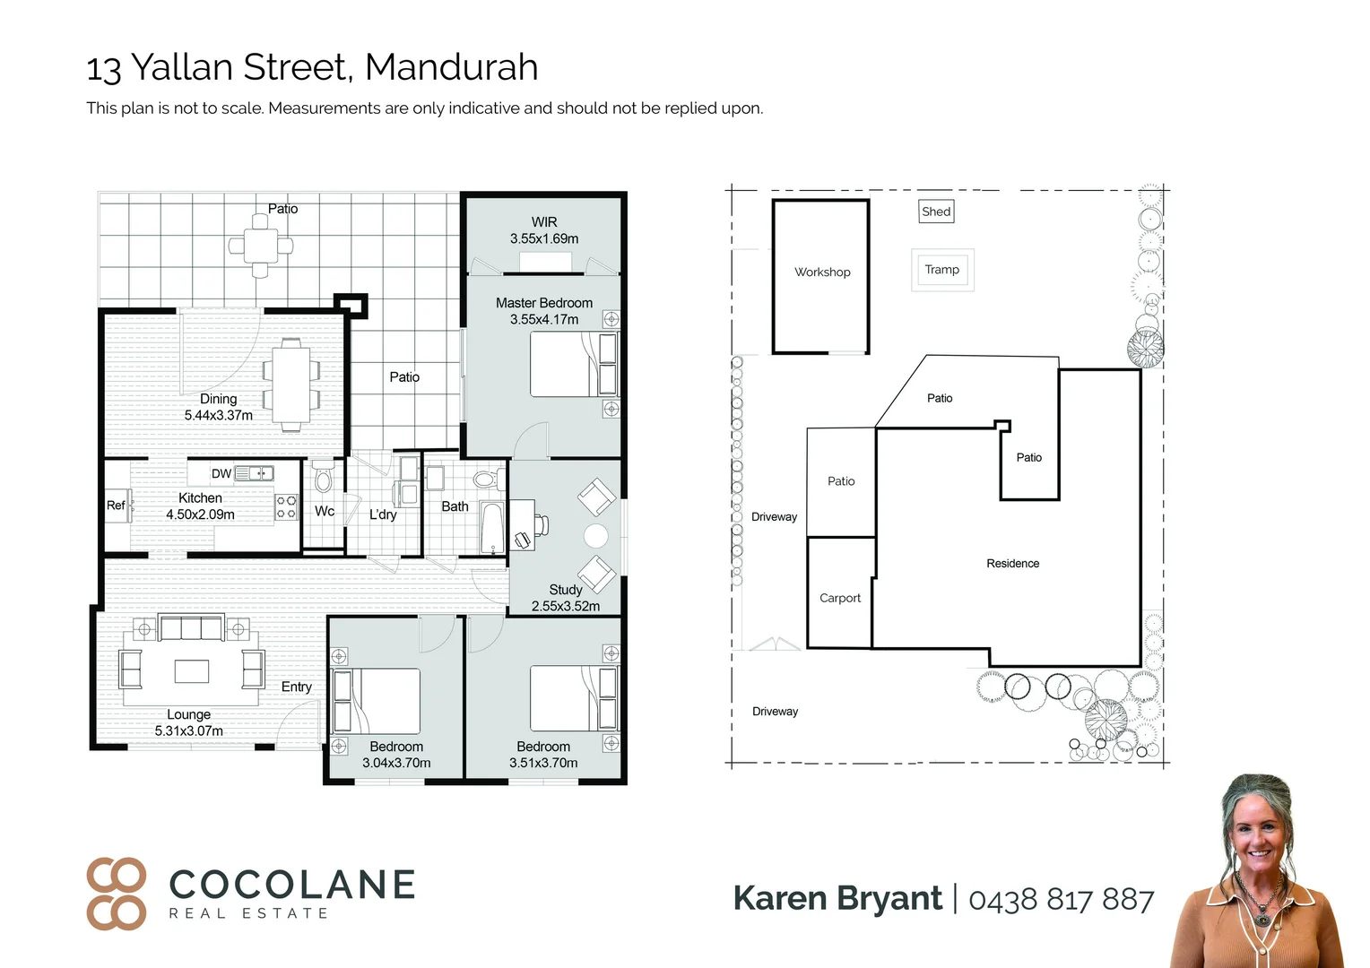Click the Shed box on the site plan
coord(936,212)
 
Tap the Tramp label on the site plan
coord(941,270)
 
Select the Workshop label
coord(822,272)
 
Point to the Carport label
coord(840,598)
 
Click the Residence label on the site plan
coord(1012,564)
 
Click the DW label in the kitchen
coord(221,473)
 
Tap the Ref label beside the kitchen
coord(116,506)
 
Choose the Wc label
coord(325,511)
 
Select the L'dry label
coord(383,514)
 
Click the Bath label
coord(455,506)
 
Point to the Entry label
coord(297,687)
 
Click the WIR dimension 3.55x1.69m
coord(544,238)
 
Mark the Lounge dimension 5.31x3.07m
coord(188,730)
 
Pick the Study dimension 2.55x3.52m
coord(565,606)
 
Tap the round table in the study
coord(595,536)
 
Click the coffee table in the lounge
coord(191,670)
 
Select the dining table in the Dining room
coord(291,384)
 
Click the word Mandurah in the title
coord(451,67)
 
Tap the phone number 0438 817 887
coord(1061,899)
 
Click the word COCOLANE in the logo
coord(292,885)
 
